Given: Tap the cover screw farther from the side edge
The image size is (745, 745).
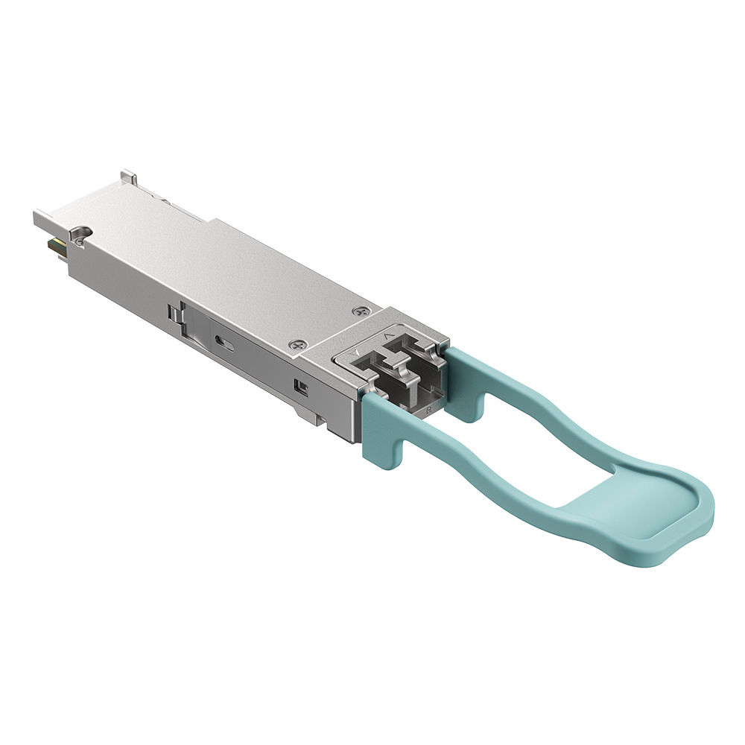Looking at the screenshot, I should click(x=365, y=311).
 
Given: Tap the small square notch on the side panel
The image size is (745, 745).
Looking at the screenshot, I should click(x=300, y=387).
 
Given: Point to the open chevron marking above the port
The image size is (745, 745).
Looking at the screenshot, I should click(x=386, y=337).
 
